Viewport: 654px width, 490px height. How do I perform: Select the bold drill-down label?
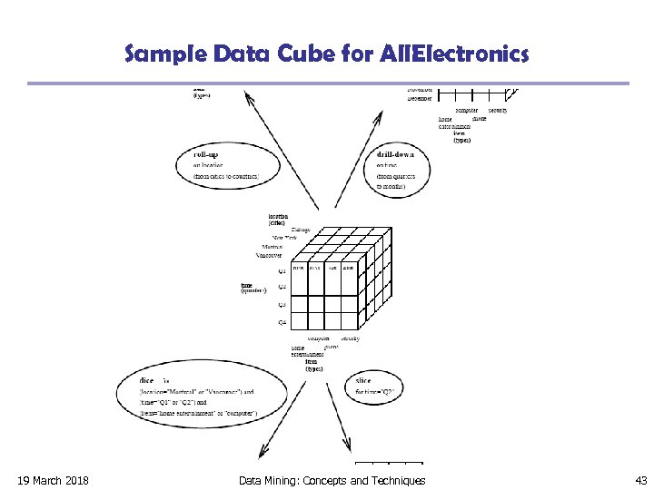click(x=395, y=154)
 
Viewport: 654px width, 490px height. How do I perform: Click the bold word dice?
click(x=146, y=381)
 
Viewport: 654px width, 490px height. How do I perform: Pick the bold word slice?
click(x=363, y=381)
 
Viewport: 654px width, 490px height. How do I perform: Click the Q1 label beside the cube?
click(x=282, y=270)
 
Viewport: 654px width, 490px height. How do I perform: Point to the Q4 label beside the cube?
click(x=282, y=322)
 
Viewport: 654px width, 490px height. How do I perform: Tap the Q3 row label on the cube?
click(x=282, y=305)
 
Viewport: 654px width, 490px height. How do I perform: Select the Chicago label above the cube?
click(x=301, y=230)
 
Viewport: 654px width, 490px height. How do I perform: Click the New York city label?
click(x=284, y=238)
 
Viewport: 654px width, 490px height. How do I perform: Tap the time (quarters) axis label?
click(x=253, y=288)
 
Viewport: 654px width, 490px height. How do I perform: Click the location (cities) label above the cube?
click(x=279, y=219)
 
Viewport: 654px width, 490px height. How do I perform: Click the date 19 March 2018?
click(x=53, y=480)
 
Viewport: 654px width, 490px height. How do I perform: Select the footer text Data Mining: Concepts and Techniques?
click(x=332, y=480)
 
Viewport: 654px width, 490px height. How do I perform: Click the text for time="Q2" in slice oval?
click(x=373, y=392)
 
